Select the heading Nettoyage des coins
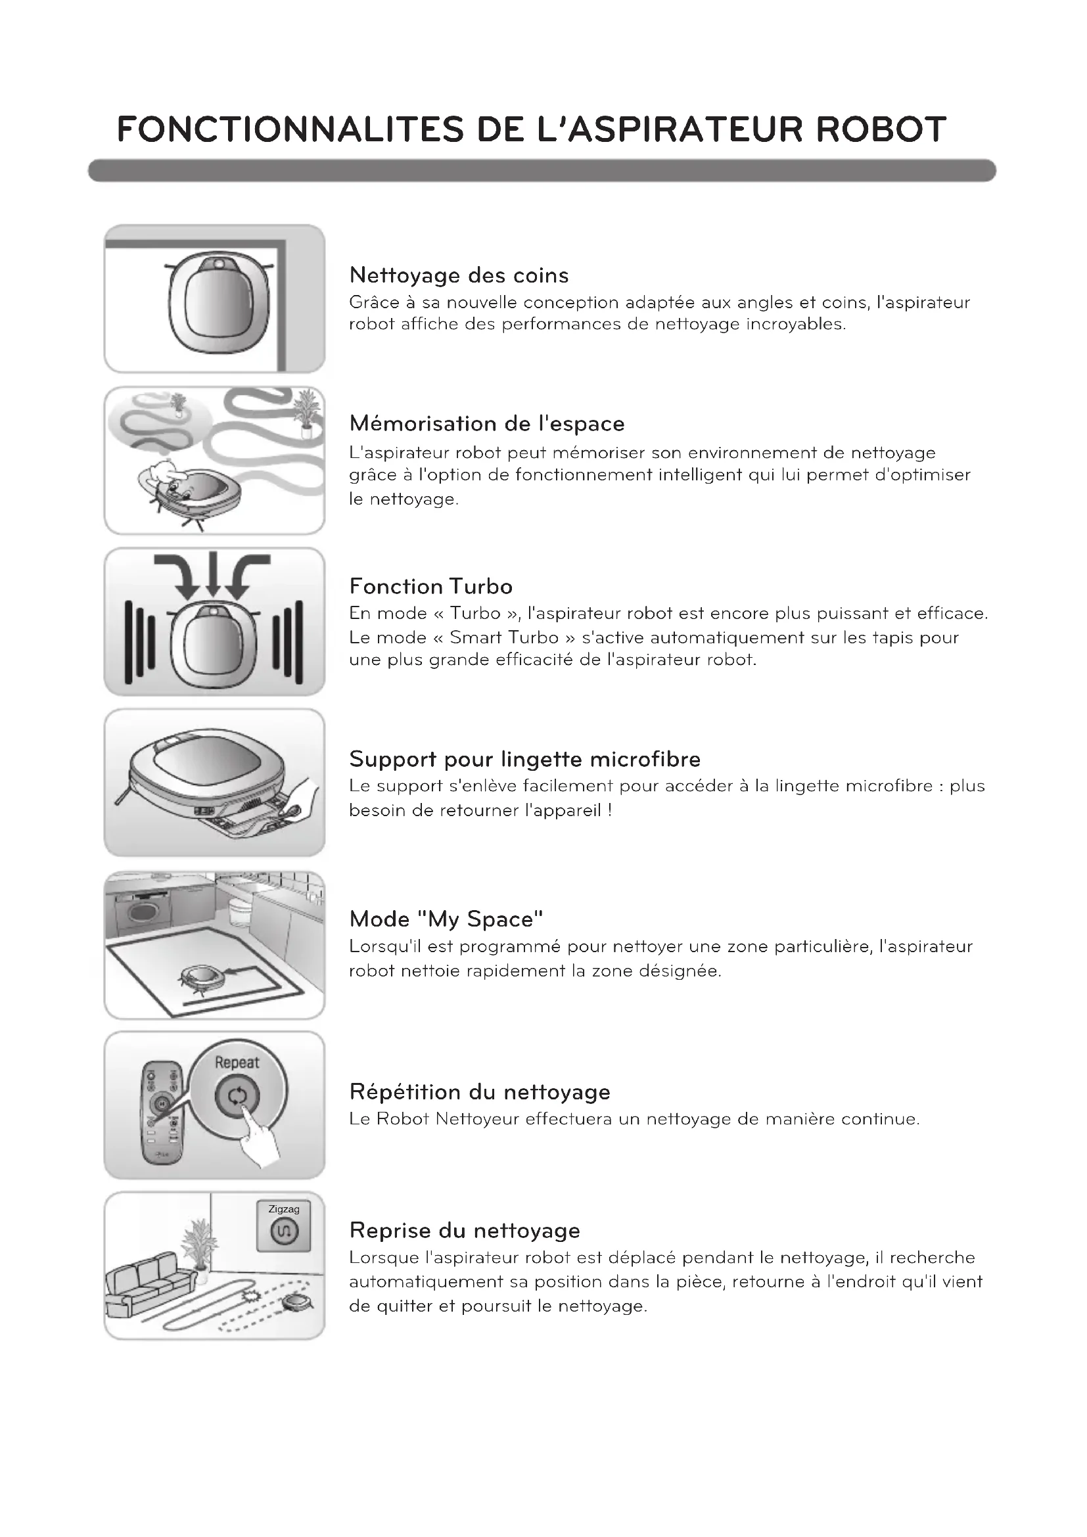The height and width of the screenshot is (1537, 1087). [459, 275]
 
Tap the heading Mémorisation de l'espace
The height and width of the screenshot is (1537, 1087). [486, 424]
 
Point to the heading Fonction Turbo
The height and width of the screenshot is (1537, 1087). [430, 586]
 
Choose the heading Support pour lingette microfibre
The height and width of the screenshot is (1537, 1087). [524, 759]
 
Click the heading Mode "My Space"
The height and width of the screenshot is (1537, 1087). [446, 919]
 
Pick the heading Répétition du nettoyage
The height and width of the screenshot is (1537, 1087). [479, 1092]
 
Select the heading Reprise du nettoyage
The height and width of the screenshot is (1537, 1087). [465, 1230]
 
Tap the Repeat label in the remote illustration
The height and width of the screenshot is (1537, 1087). [237, 1063]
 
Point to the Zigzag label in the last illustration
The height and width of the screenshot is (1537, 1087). [284, 1209]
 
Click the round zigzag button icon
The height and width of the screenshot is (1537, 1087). [284, 1231]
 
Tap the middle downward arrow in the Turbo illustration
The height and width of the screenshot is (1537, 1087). [213, 575]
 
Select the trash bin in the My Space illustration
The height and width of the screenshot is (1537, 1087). [240, 910]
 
